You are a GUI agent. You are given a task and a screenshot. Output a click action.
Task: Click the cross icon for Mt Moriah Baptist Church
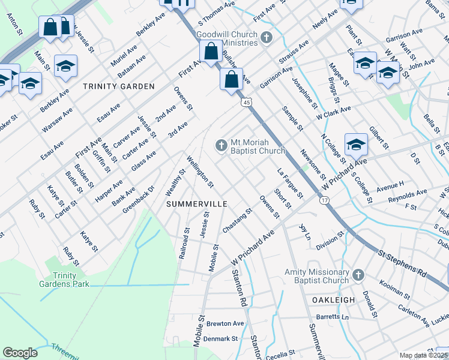click(221, 145)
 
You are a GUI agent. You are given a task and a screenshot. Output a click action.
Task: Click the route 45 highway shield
click(247, 103)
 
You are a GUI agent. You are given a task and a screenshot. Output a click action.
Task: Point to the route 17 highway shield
click(324, 200)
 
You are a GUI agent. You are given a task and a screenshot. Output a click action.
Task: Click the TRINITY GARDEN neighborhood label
click(119, 86)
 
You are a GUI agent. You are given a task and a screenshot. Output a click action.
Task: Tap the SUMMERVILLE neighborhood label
click(196, 204)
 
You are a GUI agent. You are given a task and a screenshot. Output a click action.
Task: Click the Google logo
click(20, 353)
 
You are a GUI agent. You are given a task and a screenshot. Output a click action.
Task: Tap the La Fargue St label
click(290, 183)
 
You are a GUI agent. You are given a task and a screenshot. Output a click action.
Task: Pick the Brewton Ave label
click(225, 323)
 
